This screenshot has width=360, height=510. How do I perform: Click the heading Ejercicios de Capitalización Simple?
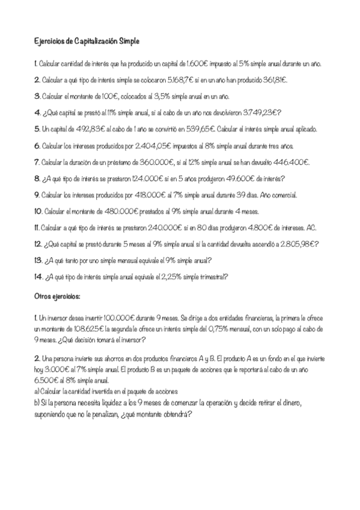(87, 41)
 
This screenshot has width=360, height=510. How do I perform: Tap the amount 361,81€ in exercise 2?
(273, 79)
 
